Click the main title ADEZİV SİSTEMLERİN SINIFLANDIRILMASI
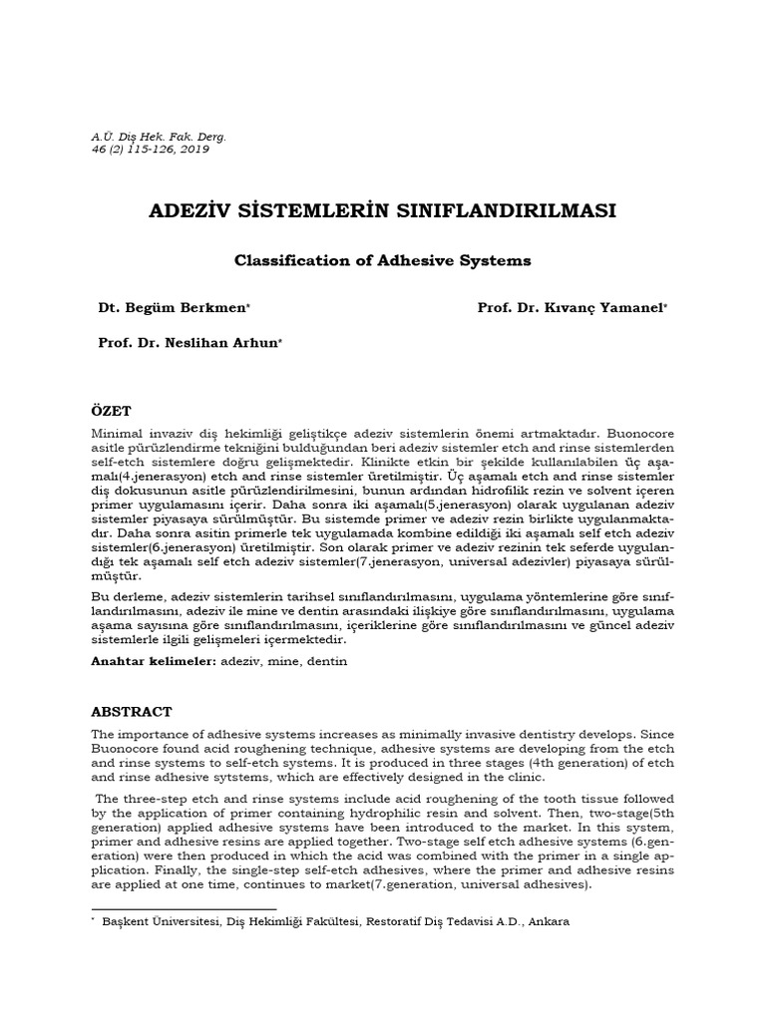(x=382, y=211)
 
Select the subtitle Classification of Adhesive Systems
(x=382, y=261)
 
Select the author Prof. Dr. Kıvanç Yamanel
(x=572, y=309)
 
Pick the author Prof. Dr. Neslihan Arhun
(x=189, y=342)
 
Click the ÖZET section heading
(x=111, y=412)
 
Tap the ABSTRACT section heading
(x=132, y=712)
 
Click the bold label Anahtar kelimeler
(x=153, y=661)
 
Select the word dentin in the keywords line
(x=326, y=661)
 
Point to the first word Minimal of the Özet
(x=118, y=435)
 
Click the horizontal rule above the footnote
(x=184, y=908)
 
